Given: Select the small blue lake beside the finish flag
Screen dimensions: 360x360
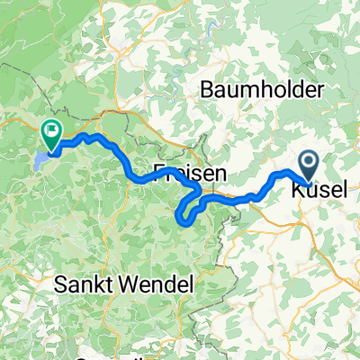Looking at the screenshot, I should (40, 159).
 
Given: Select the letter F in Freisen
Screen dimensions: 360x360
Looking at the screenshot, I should (159, 172).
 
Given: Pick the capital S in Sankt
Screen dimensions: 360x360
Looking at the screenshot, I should (59, 285).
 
